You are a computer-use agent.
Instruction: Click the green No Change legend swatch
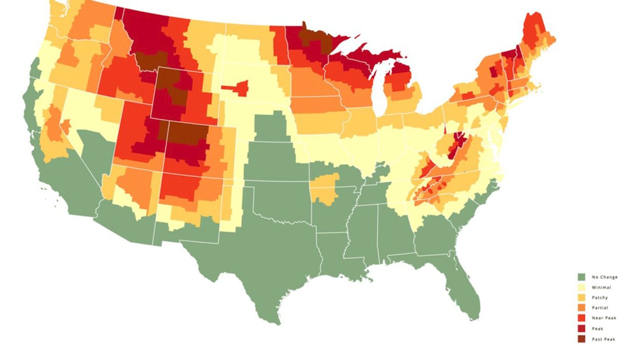tap(581, 277)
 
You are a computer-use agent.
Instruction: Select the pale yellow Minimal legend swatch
tap(581, 288)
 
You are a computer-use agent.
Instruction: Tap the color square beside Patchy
tap(581, 298)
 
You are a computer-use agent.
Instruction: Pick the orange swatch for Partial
tap(581, 308)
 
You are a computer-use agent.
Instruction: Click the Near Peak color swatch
tap(581, 318)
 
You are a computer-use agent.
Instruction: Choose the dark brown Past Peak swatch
tap(581, 339)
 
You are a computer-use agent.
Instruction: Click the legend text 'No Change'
tap(605, 277)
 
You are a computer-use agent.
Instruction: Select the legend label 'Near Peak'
tap(604, 318)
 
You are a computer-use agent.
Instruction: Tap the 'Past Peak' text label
tap(604, 339)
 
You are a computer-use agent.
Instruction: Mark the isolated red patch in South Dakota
tap(237, 88)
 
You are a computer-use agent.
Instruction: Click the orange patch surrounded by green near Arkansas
tap(325, 189)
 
